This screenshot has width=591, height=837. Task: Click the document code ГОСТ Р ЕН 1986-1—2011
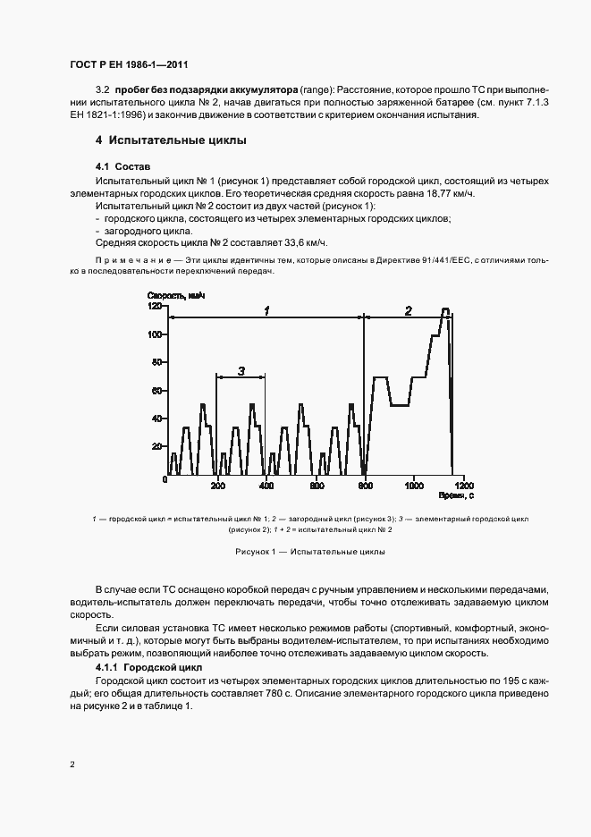pyautogui.click(x=127, y=65)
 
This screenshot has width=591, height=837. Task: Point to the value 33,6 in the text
pyautogui.click(x=285, y=243)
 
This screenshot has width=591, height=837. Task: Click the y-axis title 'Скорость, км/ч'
pyautogui.click(x=175, y=295)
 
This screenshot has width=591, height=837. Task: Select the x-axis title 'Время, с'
pyautogui.click(x=455, y=495)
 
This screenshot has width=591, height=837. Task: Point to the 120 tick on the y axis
pyautogui.click(x=154, y=307)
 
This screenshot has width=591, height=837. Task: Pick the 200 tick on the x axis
pyautogui.click(x=216, y=486)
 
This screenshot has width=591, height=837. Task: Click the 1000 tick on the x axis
pyautogui.click(x=413, y=486)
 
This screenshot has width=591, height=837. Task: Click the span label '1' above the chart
pyautogui.click(x=266, y=310)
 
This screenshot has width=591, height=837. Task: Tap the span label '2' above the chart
pyautogui.click(x=408, y=310)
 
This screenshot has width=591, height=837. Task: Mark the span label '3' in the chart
pyautogui.click(x=241, y=369)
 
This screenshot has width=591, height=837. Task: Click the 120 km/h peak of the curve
pyautogui.click(x=445, y=309)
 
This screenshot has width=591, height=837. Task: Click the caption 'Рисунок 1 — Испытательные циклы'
pyautogui.click(x=310, y=553)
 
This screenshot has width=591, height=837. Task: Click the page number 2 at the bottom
pyautogui.click(x=72, y=765)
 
